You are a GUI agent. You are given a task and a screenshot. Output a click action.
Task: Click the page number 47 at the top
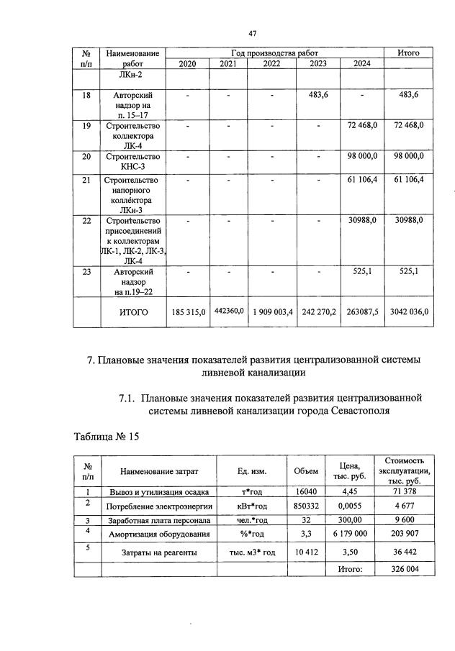coord(253,33)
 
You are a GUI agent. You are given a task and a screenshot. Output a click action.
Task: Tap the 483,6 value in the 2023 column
coord(318,95)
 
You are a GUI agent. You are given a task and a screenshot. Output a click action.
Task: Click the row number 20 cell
coord(86,157)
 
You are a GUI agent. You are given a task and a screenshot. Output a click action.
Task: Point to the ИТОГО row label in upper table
coord(133,313)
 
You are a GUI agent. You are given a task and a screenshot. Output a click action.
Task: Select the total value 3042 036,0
coord(409,312)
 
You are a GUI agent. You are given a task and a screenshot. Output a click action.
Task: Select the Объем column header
coord(306,471)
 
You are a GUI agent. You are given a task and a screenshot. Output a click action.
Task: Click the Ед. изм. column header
coord(252,471)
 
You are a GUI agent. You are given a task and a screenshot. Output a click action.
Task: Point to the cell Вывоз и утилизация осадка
coord(159,492)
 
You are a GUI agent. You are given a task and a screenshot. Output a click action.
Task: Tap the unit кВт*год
coord(252,506)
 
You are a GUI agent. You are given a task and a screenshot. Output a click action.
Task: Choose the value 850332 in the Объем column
coord(306,506)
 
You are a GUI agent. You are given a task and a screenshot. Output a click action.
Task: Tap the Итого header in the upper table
coord(409,53)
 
